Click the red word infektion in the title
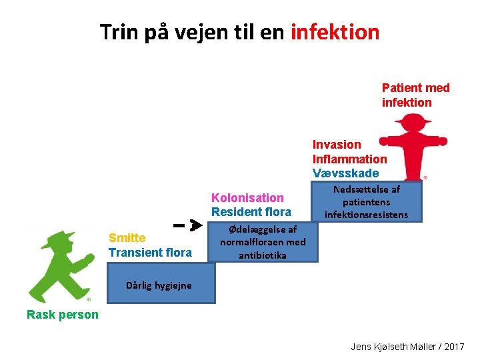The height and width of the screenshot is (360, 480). point(335,32)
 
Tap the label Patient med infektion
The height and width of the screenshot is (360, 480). point(415,95)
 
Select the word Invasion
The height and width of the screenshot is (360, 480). point(337,145)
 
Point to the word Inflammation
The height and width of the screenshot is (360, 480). point(349,159)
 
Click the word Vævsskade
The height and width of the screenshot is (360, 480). point(345,173)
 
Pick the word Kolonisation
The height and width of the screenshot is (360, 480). point(247,198)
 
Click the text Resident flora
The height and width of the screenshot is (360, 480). point(251,212)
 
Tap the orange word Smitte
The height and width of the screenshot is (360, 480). point(127,239)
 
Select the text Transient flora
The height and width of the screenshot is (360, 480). point(149,253)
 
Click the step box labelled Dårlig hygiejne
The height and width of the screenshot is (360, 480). point(159,285)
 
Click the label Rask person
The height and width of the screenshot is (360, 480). point(62,315)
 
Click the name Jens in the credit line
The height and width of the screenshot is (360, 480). point(362,347)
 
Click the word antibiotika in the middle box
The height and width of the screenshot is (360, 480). point(262,255)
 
